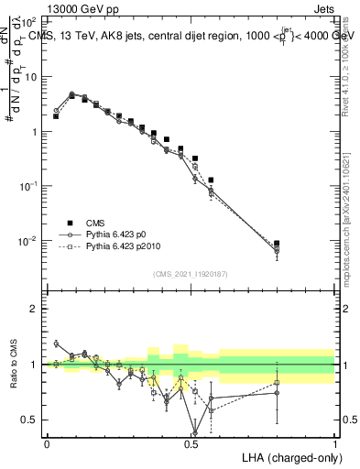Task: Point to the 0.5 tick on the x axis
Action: pyautogui.click(x=191, y=443)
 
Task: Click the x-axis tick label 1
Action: pyautogui.click(x=335, y=443)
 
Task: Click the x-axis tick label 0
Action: pyautogui.click(x=47, y=443)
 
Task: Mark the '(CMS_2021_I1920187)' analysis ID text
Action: pyautogui.click(x=191, y=272)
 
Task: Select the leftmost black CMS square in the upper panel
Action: pyautogui.click(x=56, y=116)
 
